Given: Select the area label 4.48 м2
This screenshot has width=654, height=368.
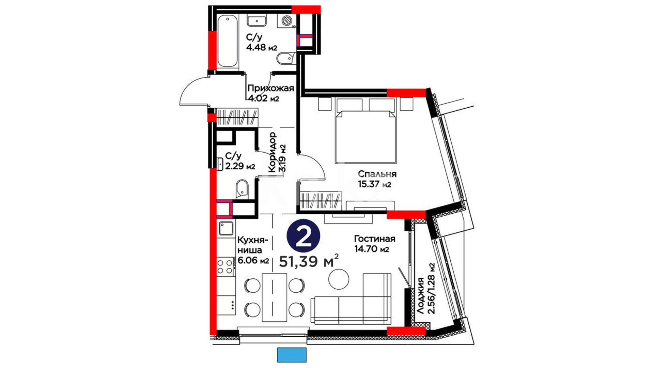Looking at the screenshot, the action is [262, 47].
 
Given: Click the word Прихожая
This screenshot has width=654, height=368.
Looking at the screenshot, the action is [271, 89].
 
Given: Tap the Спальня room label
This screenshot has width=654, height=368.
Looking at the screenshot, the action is [377, 174].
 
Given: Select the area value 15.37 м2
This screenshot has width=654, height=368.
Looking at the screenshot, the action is [374, 185].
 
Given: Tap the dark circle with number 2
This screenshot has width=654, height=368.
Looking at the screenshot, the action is [303, 237].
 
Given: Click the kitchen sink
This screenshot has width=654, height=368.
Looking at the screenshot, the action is [226, 228].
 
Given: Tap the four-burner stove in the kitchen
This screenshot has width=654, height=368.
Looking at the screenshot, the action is [225, 267].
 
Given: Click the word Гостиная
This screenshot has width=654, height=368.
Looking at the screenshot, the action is [375, 239].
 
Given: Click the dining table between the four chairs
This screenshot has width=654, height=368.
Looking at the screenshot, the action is [274, 297].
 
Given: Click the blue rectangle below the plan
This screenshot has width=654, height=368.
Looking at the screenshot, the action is [292, 355].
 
